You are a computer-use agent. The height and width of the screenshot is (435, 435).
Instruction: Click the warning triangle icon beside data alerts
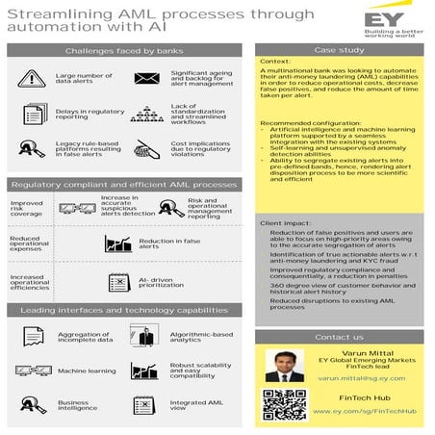coord(32,78)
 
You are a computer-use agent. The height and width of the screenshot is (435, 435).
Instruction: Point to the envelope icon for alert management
coord(146,78)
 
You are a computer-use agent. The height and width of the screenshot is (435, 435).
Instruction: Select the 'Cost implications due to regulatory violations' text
coord(199,149)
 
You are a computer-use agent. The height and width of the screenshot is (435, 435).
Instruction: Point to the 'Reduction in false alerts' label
coord(169,244)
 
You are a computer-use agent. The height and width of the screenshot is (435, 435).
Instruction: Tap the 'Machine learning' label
coord(86,371)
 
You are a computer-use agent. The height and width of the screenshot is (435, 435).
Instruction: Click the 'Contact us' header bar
coord(340,337)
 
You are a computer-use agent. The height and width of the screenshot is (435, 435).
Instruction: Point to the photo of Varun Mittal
coord(283,366)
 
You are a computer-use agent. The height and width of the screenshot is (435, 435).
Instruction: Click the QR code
coord(283,405)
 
